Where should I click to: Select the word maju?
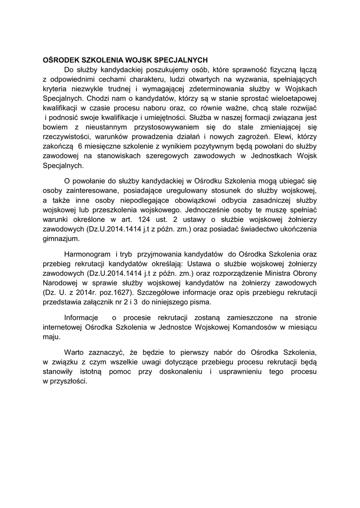coord(51,337)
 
